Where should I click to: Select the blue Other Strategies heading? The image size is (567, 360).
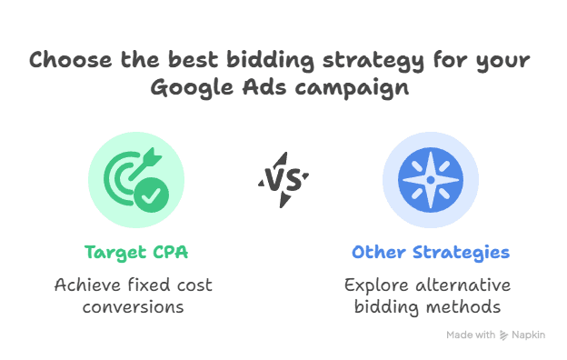[431, 252]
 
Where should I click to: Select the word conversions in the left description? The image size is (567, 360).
[134, 307]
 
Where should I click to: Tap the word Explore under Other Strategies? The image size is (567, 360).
[376, 285]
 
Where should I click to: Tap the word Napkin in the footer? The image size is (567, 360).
[529, 335]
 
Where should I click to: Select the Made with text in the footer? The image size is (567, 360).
[471, 335]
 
